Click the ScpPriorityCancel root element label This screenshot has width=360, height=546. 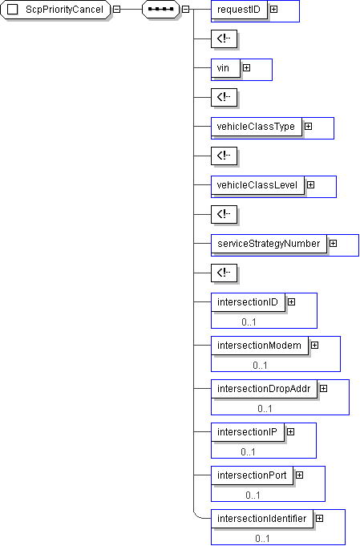pyautogui.click(x=64, y=10)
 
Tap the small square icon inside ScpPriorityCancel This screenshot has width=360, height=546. pyautogui.click(x=13, y=10)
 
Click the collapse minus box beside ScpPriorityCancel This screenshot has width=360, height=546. pyautogui.click(x=116, y=10)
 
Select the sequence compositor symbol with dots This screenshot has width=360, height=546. pyautogui.click(x=161, y=10)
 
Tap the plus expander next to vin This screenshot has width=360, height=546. pyautogui.click(x=246, y=67)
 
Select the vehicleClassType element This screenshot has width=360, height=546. pyautogui.click(x=257, y=127)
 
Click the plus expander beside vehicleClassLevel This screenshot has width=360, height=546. pyautogui.click(x=310, y=184)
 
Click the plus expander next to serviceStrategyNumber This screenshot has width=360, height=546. pyautogui.click(x=334, y=243)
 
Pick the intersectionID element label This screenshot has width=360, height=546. pyautogui.click(x=248, y=302)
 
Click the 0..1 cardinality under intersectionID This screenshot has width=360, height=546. pyautogui.click(x=249, y=322)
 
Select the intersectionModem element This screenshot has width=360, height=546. pyautogui.click(x=260, y=345)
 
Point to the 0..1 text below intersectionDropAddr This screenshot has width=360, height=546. pyautogui.click(x=265, y=408)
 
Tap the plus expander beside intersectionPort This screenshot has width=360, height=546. pyautogui.click(x=299, y=475)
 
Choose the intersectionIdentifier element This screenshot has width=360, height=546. pyautogui.click(x=262, y=519)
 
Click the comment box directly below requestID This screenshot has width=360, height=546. pyautogui.click(x=224, y=38)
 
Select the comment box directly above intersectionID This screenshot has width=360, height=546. pyautogui.click(x=224, y=273)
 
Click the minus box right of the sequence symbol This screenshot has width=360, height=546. pyautogui.click(x=185, y=10)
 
